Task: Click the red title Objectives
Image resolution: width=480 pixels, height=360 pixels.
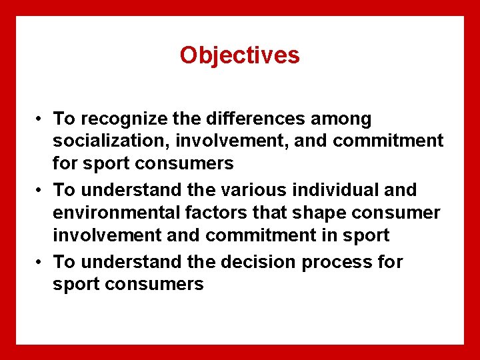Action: (x=239, y=55)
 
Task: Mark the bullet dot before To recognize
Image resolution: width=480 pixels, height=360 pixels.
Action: (x=41, y=120)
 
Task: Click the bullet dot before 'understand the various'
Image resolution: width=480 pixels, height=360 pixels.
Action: (x=41, y=191)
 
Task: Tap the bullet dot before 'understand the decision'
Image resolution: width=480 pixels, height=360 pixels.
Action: (x=41, y=263)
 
